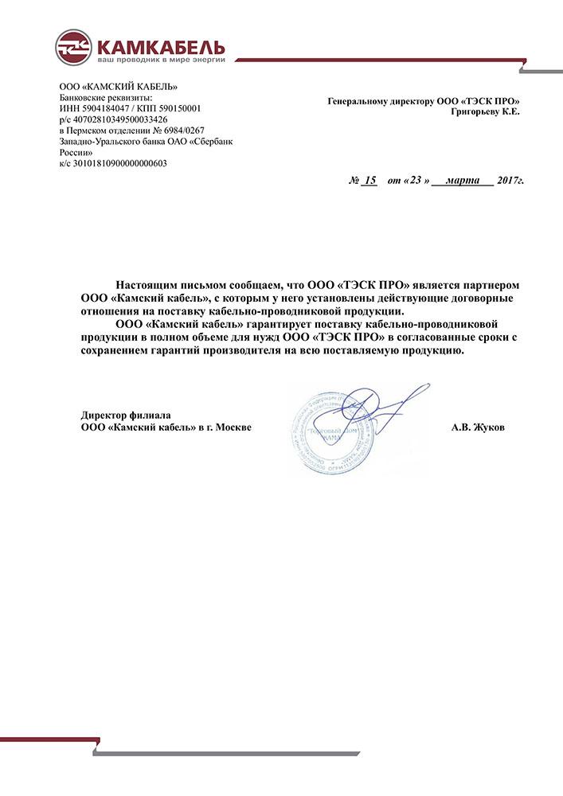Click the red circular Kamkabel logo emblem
point(72,47)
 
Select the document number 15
point(369,181)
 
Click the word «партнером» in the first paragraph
point(485,285)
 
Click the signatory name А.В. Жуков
point(478,427)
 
